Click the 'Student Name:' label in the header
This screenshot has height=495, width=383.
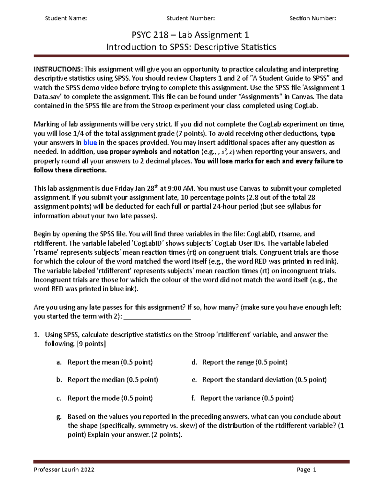point(66,18)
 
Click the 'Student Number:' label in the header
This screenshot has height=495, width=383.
point(191,18)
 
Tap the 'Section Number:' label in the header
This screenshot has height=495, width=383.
point(312,18)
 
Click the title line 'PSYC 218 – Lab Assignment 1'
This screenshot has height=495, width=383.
point(191,35)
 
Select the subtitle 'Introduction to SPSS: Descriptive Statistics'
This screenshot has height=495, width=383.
point(191,47)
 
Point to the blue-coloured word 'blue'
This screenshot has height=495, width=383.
point(90,142)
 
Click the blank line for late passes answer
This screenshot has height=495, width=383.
point(157,317)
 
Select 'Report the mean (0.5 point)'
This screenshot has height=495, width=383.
point(110,362)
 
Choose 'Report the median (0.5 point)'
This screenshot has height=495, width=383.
point(113,380)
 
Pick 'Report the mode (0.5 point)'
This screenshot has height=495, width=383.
point(110,398)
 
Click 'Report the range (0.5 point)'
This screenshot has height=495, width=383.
point(244,362)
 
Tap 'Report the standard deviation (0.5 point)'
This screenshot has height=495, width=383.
point(264,380)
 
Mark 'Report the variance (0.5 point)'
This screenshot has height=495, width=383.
point(247,398)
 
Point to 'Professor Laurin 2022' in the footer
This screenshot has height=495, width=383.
point(64,470)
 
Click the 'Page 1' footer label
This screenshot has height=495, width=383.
point(306,470)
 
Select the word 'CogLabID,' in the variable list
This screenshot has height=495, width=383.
point(261,234)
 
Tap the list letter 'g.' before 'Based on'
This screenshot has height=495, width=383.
point(59,417)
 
